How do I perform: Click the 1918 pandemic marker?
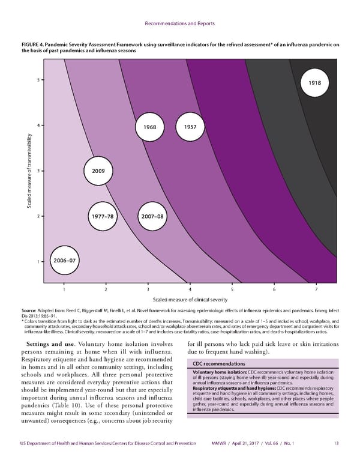click(x=314, y=82)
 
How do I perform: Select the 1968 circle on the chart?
click(x=146, y=127)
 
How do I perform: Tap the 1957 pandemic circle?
click(x=190, y=127)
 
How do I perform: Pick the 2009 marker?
click(x=98, y=171)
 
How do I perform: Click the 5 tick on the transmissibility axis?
click(x=38, y=80)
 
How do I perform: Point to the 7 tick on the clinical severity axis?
click(x=316, y=289)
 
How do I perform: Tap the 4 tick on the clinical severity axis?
click(x=190, y=289)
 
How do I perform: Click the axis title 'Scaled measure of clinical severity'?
click(x=190, y=299)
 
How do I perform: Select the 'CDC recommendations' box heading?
click(x=218, y=364)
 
